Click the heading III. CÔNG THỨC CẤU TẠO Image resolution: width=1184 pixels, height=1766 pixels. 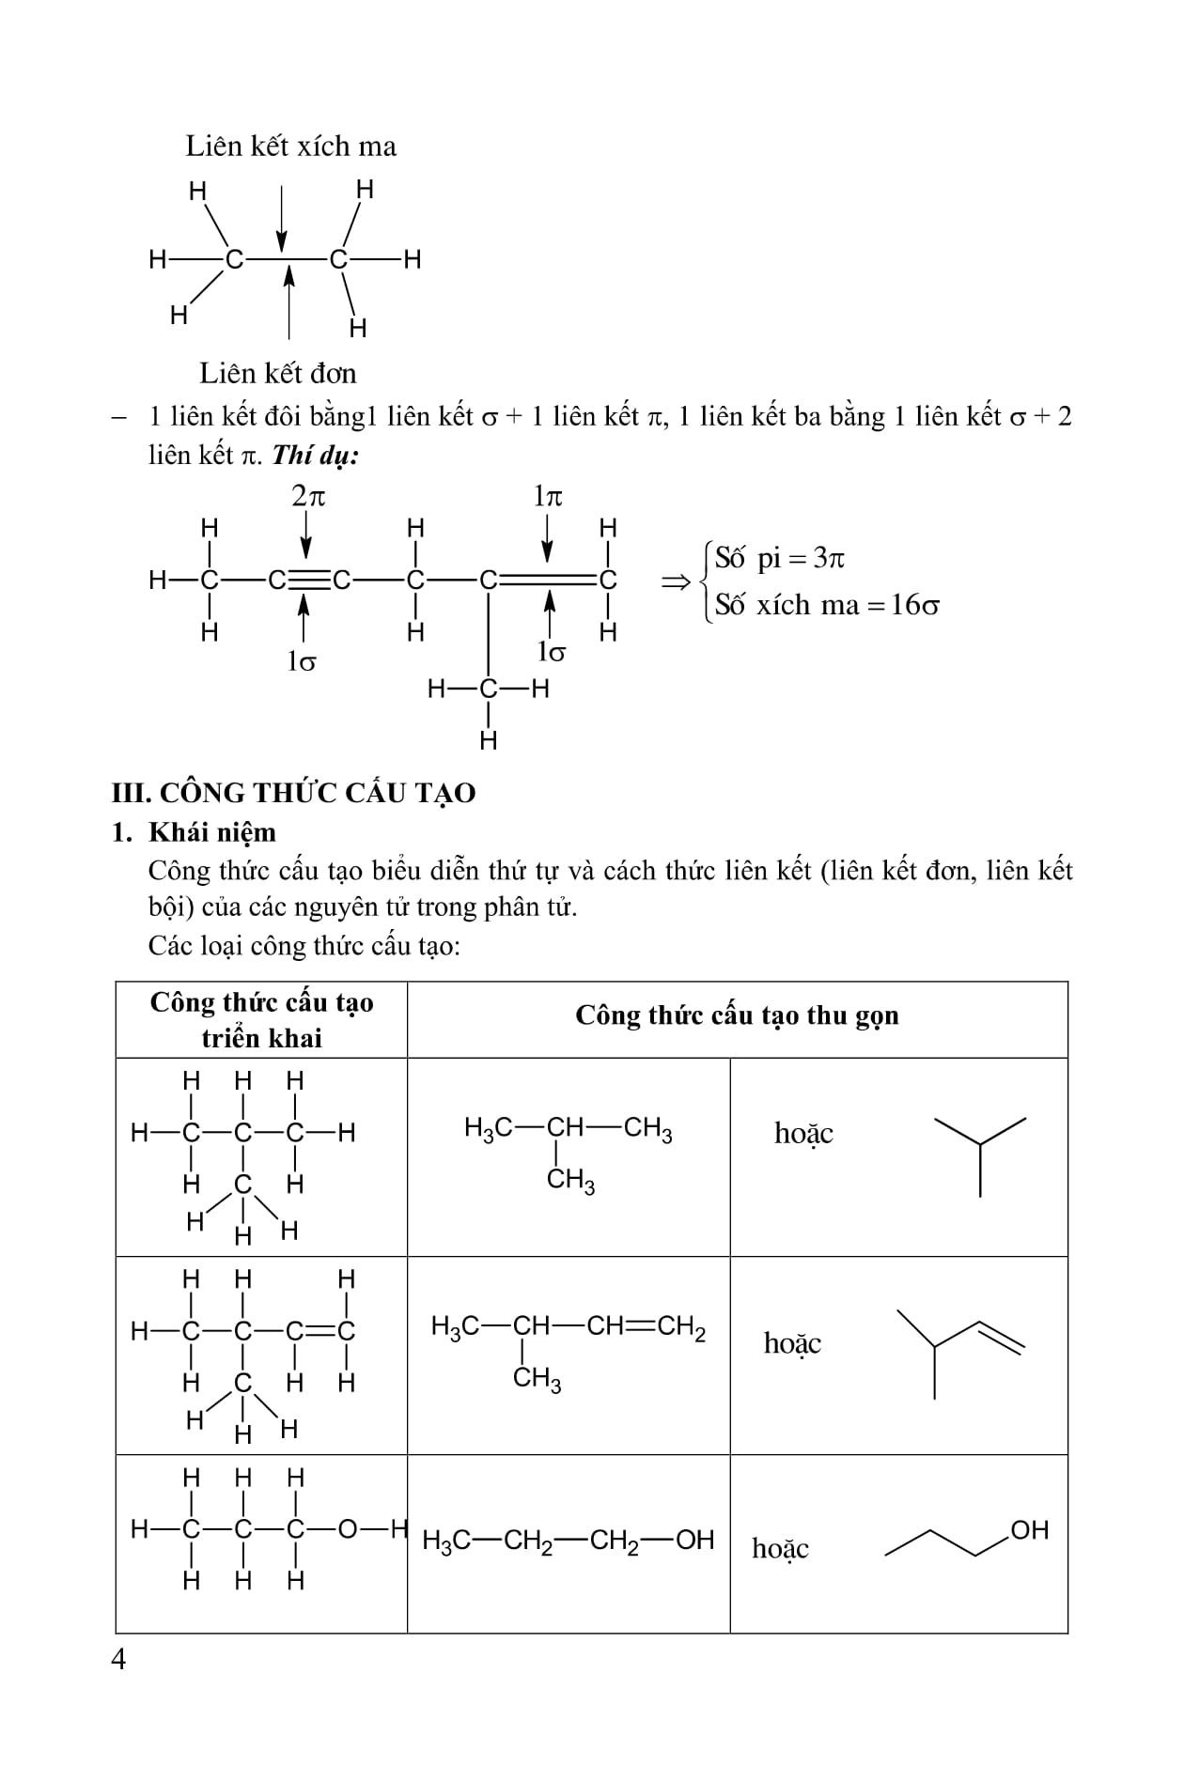[x=293, y=793]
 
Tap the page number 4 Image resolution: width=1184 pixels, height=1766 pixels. [x=118, y=1660]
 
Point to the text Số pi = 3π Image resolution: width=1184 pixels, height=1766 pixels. [x=779, y=558]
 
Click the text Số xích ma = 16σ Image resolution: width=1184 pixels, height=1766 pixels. [x=826, y=605]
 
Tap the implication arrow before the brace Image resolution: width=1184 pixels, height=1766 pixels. [x=675, y=582]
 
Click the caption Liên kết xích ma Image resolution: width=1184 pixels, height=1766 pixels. [x=290, y=147]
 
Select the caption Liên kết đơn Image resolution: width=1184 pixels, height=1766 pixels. [x=277, y=373]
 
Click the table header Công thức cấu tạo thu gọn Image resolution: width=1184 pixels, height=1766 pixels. [x=737, y=1015]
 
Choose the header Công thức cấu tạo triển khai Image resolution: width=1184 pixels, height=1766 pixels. [x=261, y=1020]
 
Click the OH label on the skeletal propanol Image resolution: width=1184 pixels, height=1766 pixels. [x=1029, y=1530]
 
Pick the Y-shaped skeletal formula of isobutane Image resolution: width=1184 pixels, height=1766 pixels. [x=980, y=1154]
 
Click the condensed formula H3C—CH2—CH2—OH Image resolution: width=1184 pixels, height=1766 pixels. [x=569, y=1541]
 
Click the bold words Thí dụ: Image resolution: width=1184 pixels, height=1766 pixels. [x=316, y=456]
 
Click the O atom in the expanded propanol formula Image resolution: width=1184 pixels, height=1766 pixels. [x=347, y=1530]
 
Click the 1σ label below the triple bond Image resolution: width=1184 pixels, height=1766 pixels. [x=301, y=661]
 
